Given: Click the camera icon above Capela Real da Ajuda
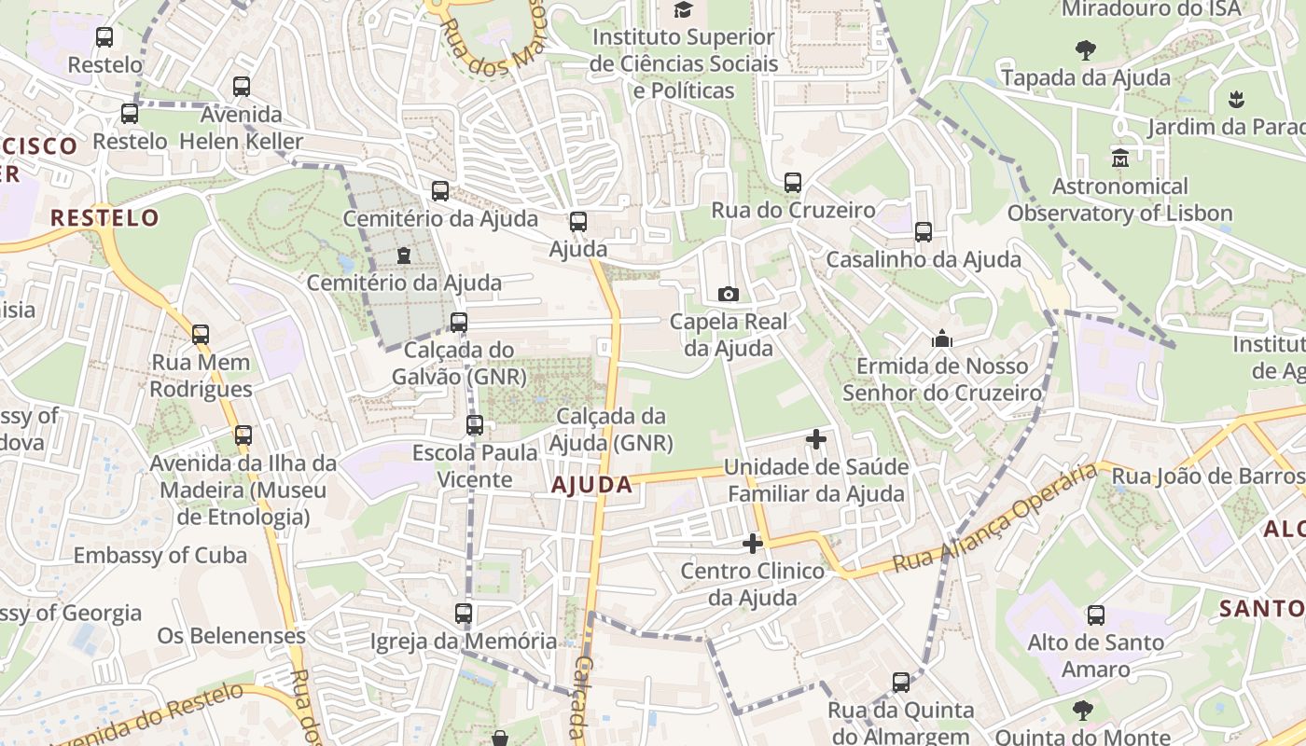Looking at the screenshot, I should [729, 295].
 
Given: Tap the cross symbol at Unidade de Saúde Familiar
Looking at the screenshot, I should [816, 438].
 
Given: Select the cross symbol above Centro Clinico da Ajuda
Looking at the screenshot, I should [753, 543].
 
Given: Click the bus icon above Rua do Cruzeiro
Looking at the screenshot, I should [793, 183].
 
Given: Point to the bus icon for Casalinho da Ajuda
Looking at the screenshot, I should [924, 232].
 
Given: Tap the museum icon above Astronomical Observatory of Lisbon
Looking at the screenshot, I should [1120, 159].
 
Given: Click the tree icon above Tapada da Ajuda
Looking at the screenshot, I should [1085, 50].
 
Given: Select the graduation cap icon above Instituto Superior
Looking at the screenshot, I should [684, 10].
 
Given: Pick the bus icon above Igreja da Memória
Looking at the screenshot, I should [464, 614].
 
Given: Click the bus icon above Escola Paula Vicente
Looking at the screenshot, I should [475, 425].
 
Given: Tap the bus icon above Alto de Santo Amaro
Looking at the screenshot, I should [1096, 615].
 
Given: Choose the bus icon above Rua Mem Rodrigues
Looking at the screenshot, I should [201, 335].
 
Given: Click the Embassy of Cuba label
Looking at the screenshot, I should [160, 556].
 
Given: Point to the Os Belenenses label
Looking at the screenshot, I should [231, 636].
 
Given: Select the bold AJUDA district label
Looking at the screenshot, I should [591, 485].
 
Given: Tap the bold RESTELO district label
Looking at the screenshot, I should [104, 218].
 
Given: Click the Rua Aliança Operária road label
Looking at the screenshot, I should [994, 518].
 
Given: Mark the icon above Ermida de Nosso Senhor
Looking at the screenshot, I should [942, 338].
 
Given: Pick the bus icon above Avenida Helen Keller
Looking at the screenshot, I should [242, 87].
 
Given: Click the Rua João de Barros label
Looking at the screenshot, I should [1207, 477].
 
